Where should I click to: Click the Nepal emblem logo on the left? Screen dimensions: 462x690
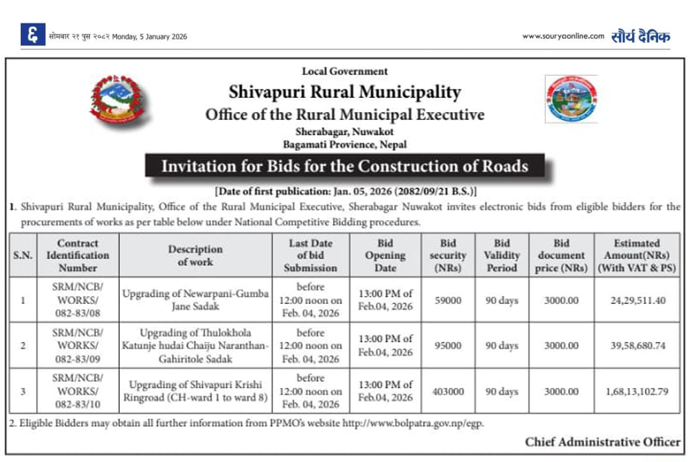pyautogui.click(x=117, y=99)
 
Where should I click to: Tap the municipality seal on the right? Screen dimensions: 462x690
pyautogui.click(x=571, y=99)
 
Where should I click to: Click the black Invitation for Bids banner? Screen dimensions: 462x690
pyautogui.click(x=344, y=166)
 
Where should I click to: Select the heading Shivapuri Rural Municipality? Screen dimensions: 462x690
pyautogui.click(x=344, y=91)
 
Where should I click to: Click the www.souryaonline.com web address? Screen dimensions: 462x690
pyautogui.click(x=563, y=36)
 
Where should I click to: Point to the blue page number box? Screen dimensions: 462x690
pyautogui.click(x=33, y=35)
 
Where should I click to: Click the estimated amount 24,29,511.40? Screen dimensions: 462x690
pyautogui.click(x=637, y=301)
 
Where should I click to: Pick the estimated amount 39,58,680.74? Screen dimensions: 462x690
pyautogui.click(x=637, y=346)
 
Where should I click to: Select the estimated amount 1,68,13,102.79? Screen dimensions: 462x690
pyautogui.click(x=637, y=391)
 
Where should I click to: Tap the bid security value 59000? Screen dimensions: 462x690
pyautogui.click(x=448, y=301)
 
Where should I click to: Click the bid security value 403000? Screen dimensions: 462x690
pyautogui.click(x=448, y=391)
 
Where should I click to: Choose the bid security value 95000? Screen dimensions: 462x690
pyautogui.click(x=448, y=346)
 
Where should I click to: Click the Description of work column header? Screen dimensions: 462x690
pyautogui.click(x=195, y=255)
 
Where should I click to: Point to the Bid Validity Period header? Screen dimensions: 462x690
pyautogui.click(x=501, y=255)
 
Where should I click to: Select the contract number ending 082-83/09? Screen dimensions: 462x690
pyautogui.click(x=77, y=346)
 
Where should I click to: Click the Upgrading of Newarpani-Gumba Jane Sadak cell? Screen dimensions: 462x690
pyautogui.click(x=195, y=301)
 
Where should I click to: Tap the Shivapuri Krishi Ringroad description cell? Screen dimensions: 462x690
pyautogui.click(x=195, y=391)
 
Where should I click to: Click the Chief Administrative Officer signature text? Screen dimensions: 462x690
pyautogui.click(x=602, y=442)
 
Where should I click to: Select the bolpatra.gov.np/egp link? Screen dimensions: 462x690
pyautogui.click(x=413, y=423)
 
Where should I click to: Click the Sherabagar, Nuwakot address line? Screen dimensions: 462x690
pyautogui.click(x=344, y=132)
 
